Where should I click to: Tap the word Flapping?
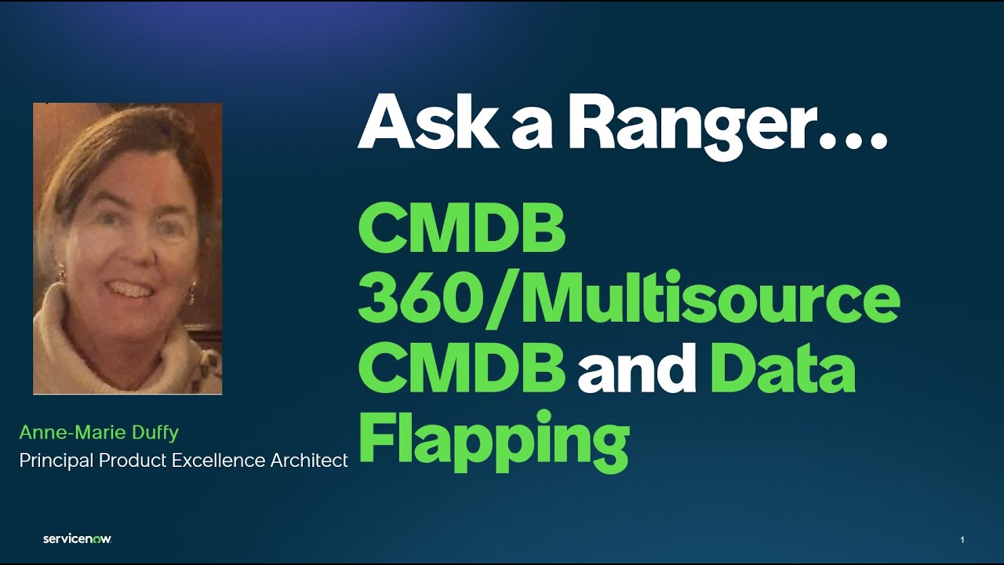[494, 440]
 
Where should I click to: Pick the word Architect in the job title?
[309, 461]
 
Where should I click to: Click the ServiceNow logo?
[77, 539]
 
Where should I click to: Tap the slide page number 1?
[962, 540]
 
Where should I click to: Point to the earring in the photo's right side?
[190, 296]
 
